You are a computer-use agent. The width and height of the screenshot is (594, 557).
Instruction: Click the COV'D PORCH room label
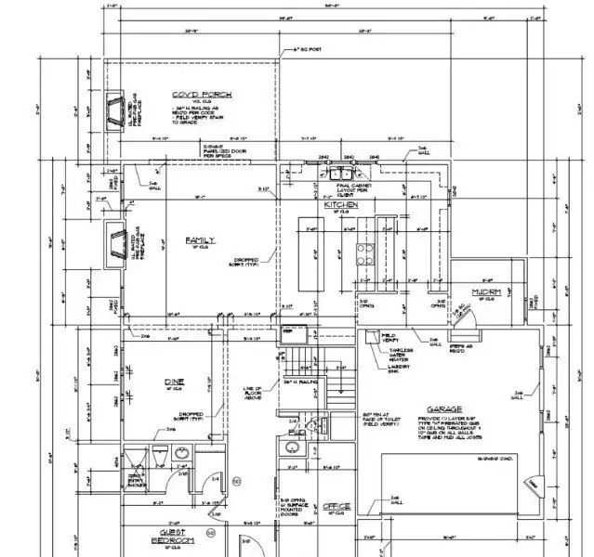(x=201, y=96)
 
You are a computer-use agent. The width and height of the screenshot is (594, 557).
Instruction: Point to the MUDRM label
(x=486, y=291)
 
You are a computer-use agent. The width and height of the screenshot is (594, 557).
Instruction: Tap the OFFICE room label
(x=336, y=506)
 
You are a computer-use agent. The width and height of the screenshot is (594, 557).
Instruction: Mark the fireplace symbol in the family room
(x=116, y=244)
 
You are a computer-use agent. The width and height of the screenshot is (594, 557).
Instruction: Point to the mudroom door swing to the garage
(x=466, y=316)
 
